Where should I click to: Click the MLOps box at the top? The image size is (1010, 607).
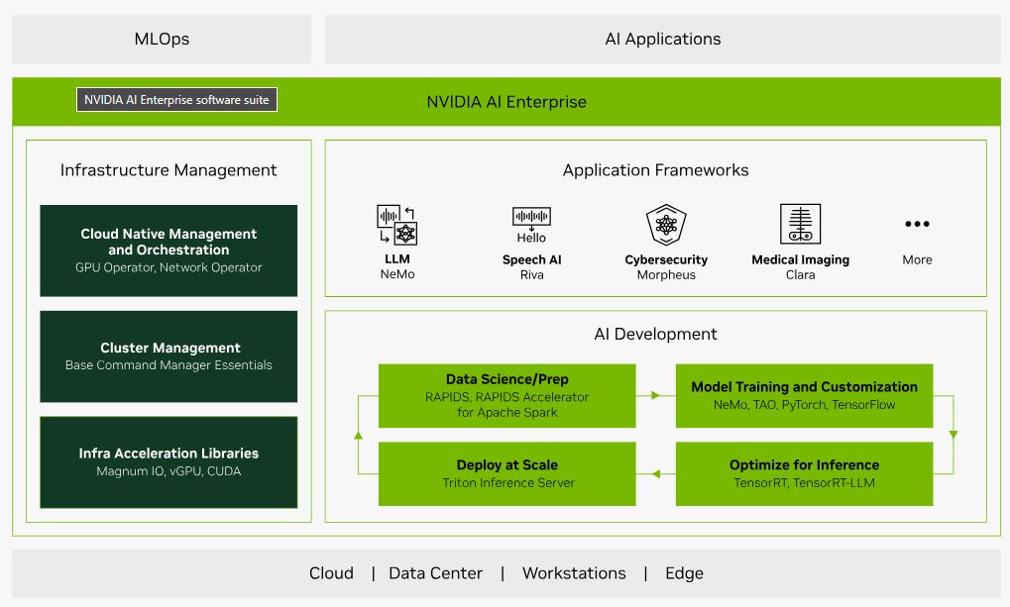click(162, 40)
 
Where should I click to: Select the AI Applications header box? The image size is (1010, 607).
click(662, 40)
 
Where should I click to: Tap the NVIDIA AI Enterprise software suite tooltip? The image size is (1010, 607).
click(176, 100)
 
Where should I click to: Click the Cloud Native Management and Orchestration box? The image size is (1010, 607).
click(168, 251)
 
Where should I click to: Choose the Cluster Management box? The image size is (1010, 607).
click(168, 356)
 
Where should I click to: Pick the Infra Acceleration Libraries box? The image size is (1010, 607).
click(168, 461)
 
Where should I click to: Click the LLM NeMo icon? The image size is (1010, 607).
click(397, 225)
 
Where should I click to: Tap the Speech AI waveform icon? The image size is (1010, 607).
click(531, 217)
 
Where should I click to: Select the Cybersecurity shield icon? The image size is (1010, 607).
click(666, 225)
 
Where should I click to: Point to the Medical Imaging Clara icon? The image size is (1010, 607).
click(800, 225)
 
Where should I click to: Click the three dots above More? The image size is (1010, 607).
click(917, 225)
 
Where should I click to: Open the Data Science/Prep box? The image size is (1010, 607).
click(507, 395)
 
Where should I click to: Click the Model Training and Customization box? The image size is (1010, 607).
click(804, 395)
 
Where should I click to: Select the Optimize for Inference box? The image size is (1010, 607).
click(804, 473)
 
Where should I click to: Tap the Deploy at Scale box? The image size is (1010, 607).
click(507, 473)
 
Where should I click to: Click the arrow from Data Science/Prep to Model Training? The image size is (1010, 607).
click(655, 395)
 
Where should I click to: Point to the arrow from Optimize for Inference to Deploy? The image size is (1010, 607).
click(655, 474)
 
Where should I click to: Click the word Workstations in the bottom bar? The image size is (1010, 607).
click(574, 573)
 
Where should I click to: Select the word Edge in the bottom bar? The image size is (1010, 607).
click(684, 573)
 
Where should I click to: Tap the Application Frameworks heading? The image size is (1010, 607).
click(655, 170)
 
